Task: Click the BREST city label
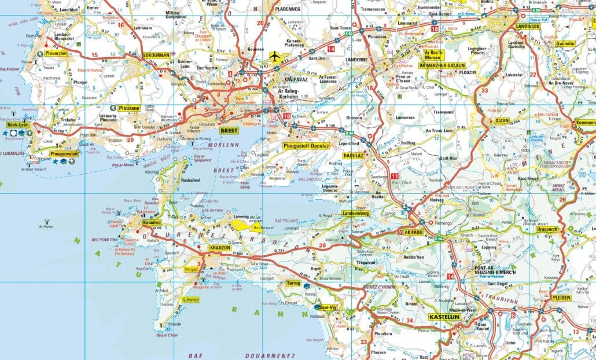click(229, 131)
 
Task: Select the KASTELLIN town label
click(444, 317)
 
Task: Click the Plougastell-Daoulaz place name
click(306, 146)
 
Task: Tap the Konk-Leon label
click(18, 125)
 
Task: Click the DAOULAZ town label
click(353, 156)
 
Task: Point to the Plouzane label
click(130, 108)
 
